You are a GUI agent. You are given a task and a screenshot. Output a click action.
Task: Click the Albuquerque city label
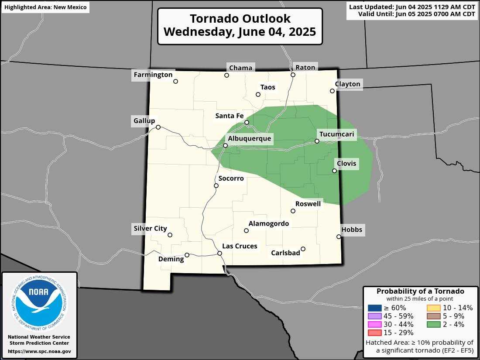[249, 139]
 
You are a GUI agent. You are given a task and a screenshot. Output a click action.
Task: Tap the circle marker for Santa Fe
[247, 123]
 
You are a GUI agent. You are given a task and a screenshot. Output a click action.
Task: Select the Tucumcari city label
[336, 134]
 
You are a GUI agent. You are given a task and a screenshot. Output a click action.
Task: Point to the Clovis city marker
[334, 171]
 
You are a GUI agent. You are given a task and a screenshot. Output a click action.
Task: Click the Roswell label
[308, 204]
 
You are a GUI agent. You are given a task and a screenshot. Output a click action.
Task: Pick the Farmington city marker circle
[176, 81]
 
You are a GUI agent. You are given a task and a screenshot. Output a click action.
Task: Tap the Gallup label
[144, 121]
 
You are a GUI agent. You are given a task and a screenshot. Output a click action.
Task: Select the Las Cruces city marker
[220, 254]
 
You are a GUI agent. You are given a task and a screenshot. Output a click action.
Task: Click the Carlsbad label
[285, 253]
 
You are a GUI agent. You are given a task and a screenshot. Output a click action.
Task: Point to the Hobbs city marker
[339, 237]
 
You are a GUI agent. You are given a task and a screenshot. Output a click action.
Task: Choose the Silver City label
[150, 228]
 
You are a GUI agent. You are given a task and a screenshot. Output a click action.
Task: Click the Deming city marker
[187, 255]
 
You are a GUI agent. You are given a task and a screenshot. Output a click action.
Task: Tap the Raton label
[305, 67]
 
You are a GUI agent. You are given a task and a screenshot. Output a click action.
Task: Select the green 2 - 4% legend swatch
[433, 324]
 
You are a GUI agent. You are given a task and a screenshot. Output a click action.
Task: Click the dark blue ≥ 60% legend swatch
[374, 308]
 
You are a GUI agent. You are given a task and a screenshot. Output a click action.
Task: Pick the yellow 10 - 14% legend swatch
[433, 308]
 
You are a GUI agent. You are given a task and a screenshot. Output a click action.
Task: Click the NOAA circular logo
[39, 301]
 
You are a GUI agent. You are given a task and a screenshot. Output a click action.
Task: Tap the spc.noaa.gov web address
[39, 351]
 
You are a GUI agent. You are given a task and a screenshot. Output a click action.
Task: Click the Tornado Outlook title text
[240, 26]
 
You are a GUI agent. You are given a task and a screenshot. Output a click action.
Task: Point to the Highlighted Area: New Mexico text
[45, 7]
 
